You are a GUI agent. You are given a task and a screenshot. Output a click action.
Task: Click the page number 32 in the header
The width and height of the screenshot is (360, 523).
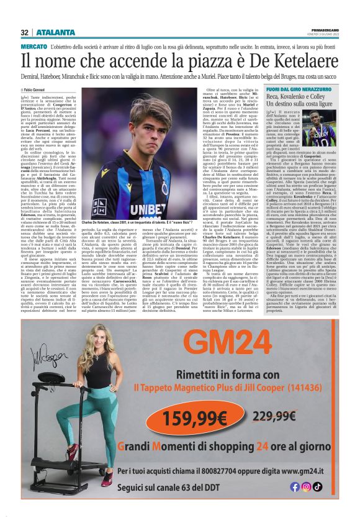point(25,32)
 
